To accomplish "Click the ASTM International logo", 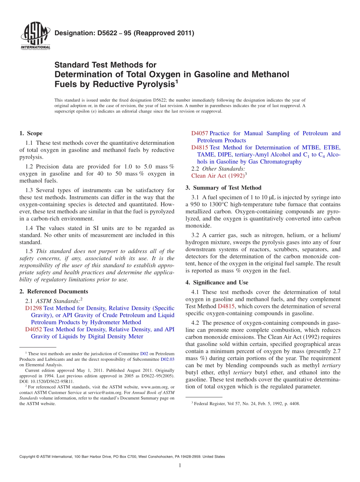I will pyautogui.click(x=35, y=36).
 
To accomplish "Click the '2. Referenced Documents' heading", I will pyautogui.click(x=53, y=291).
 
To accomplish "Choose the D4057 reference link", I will pyautogui.click(x=199, y=133).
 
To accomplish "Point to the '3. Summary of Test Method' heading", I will pyautogui.click(x=223, y=188).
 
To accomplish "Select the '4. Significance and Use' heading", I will pyautogui.click(x=217, y=282).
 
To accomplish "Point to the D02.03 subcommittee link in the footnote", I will pyautogui.click(x=167, y=359).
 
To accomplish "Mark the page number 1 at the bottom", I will pyautogui.click(x=180, y=466).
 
